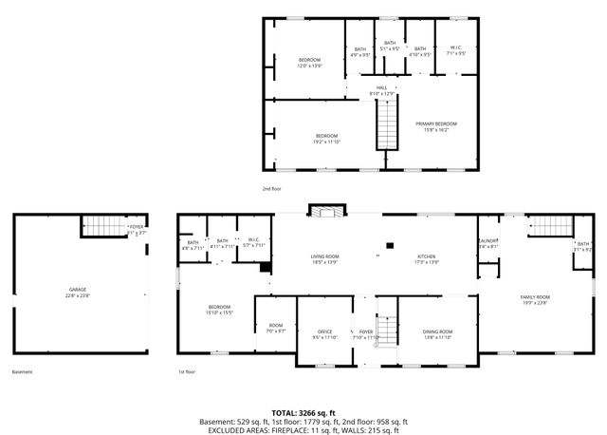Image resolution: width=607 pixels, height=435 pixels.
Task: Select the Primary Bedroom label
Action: click(x=436, y=123)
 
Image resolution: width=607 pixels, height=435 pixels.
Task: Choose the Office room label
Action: click(x=324, y=331)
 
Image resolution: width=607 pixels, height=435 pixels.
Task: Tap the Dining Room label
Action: click(x=437, y=331)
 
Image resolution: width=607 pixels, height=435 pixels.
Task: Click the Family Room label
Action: click(x=535, y=297)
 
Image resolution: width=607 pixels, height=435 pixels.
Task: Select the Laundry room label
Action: click(x=488, y=242)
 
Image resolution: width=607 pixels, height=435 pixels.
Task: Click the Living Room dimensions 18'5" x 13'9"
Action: click(x=325, y=262)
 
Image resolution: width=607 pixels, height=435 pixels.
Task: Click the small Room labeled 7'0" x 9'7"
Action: click(x=276, y=331)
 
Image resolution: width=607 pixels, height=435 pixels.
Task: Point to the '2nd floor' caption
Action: click(x=273, y=189)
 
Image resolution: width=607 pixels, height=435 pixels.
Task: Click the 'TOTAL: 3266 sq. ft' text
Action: click(x=303, y=412)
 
